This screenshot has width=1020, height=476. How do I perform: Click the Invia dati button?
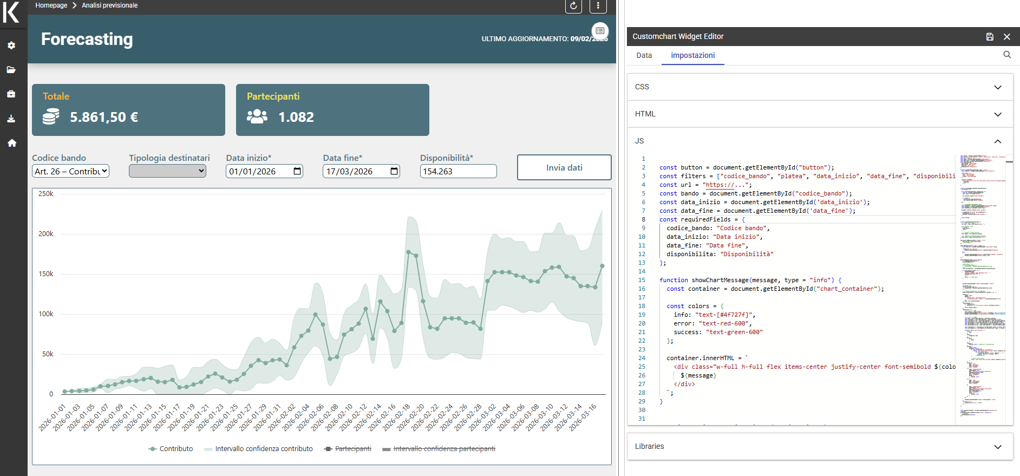click(564, 167)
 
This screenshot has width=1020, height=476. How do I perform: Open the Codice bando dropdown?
click(71, 171)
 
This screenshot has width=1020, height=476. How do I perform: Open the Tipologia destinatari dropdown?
click(167, 171)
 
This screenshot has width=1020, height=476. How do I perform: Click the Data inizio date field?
click(257, 171)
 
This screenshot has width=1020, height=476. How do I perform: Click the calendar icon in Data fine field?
click(394, 171)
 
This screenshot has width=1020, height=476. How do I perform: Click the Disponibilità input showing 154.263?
click(458, 171)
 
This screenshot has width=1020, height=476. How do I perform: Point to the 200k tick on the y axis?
click(46, 234)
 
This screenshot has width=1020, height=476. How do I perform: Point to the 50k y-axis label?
click(48, 354)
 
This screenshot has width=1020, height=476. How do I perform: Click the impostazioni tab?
click(692, 55)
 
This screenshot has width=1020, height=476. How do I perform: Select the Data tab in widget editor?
click(644, 55)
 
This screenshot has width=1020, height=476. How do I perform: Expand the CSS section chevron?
click(997, 87)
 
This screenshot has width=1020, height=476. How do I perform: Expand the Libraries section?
click(997, 447)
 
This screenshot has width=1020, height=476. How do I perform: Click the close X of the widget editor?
click(1006, 37)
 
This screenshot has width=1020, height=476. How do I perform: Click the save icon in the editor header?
click(989, 37)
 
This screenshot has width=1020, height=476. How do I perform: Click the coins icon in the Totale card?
click(51, 116)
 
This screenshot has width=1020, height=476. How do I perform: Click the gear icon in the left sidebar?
click(11, 45)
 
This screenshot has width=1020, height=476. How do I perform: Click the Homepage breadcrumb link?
click(51, 5)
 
